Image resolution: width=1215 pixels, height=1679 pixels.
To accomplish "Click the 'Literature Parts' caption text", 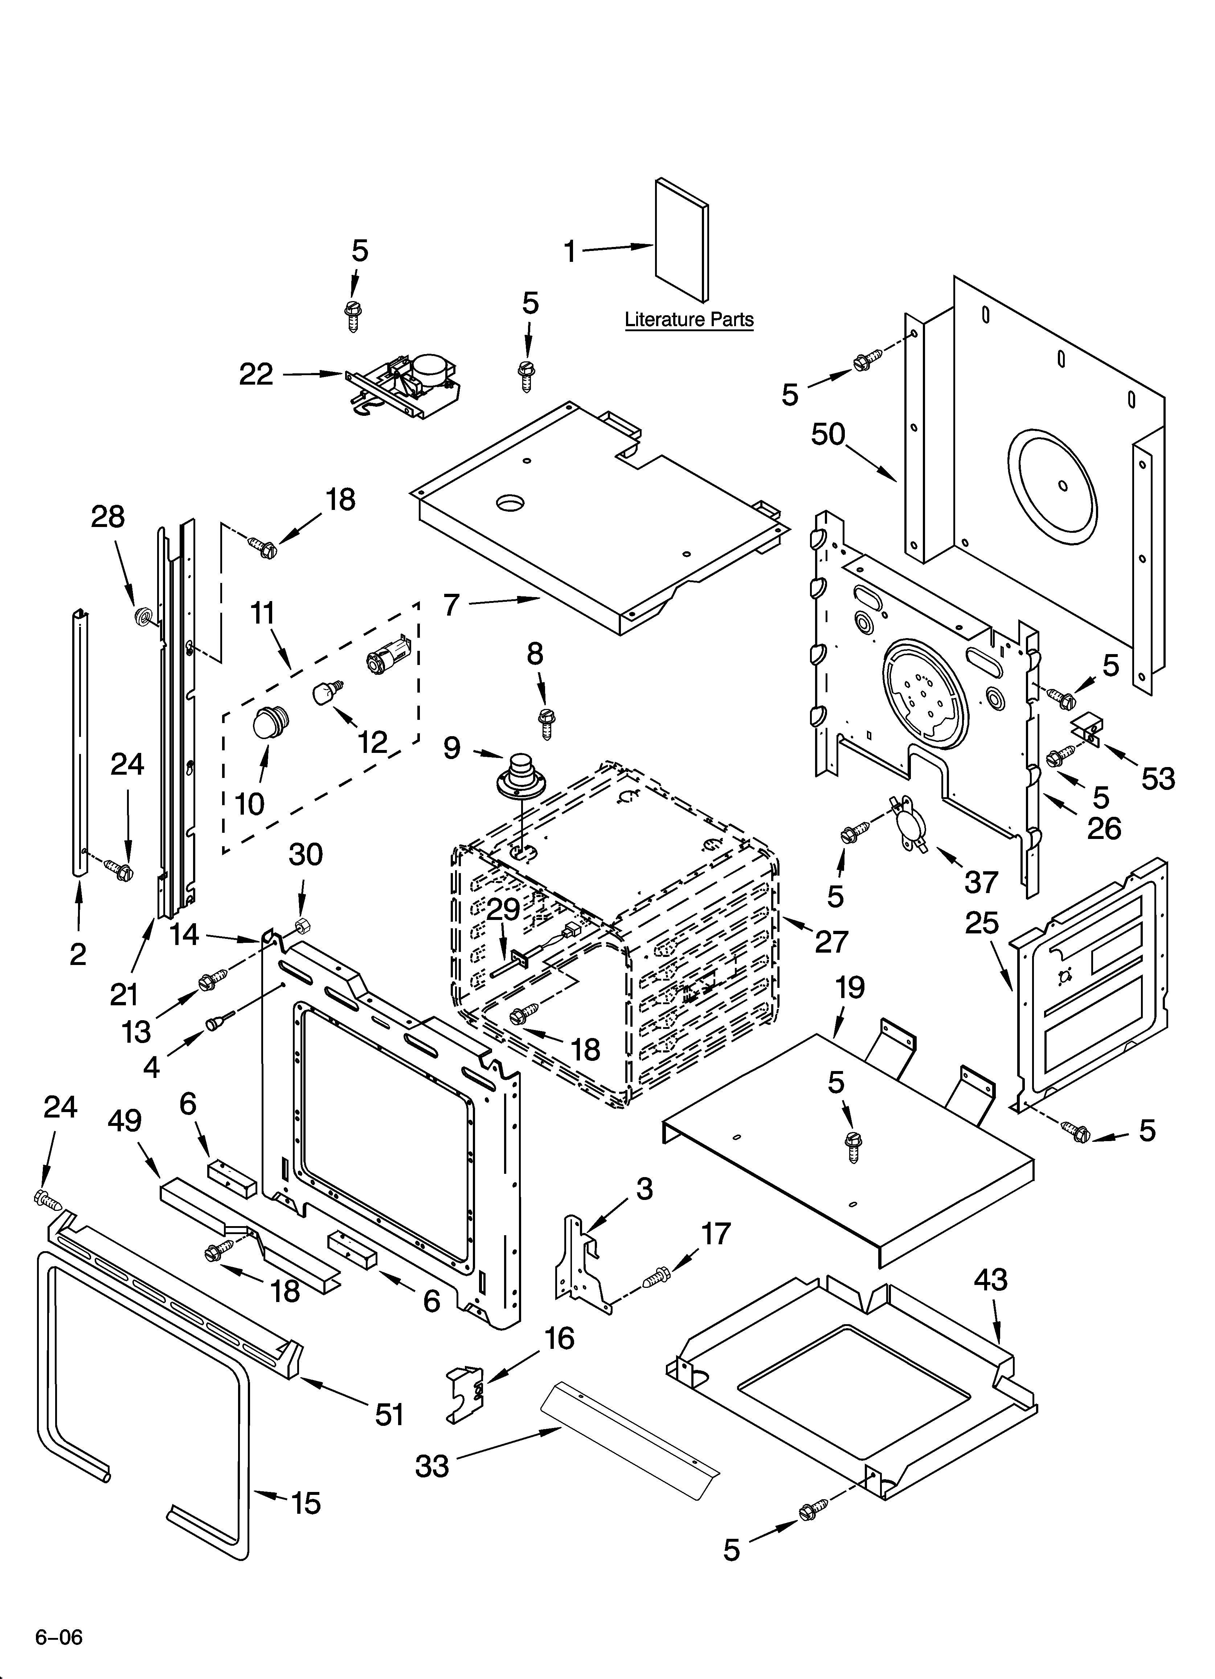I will click(689, 320).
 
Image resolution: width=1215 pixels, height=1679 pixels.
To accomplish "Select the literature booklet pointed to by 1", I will click(681, 240).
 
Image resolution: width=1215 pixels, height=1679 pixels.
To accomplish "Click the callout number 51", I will click(389, 1415).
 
